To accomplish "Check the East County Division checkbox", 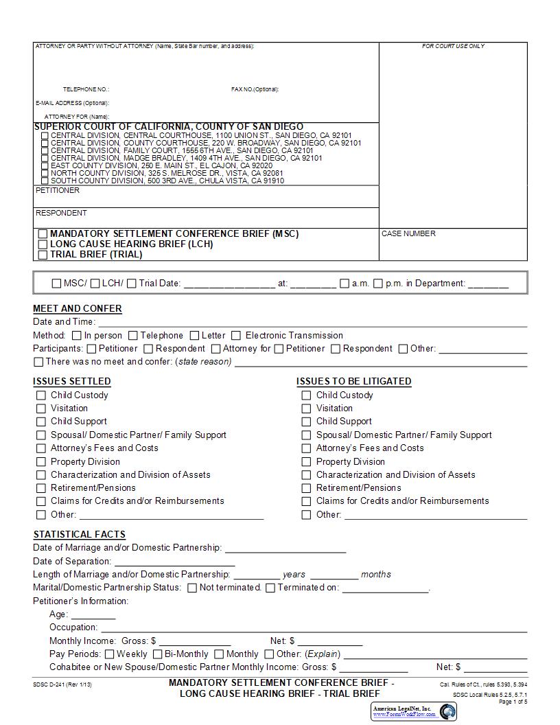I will point(45,166).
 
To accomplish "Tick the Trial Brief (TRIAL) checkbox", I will point(43,255).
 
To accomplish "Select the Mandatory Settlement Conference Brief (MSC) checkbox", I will point(43,234).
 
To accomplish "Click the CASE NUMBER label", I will point(408,234).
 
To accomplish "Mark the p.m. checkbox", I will point(378,284).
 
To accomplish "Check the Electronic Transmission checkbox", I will point(236,336).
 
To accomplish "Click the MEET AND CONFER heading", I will point(78,309).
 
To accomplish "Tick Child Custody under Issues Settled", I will point(41,395).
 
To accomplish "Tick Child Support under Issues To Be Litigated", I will point(306,422).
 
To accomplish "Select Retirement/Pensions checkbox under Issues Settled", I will point(41,488).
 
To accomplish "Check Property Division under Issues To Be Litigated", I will point(306,462).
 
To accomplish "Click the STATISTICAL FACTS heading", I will point(80,534).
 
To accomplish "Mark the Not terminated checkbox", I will point(192,588).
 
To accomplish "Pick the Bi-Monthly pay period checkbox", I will point(157,654).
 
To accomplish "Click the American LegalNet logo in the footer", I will point(414,711).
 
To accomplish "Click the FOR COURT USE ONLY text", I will point(453,46).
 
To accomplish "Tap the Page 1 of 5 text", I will point(513,702).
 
